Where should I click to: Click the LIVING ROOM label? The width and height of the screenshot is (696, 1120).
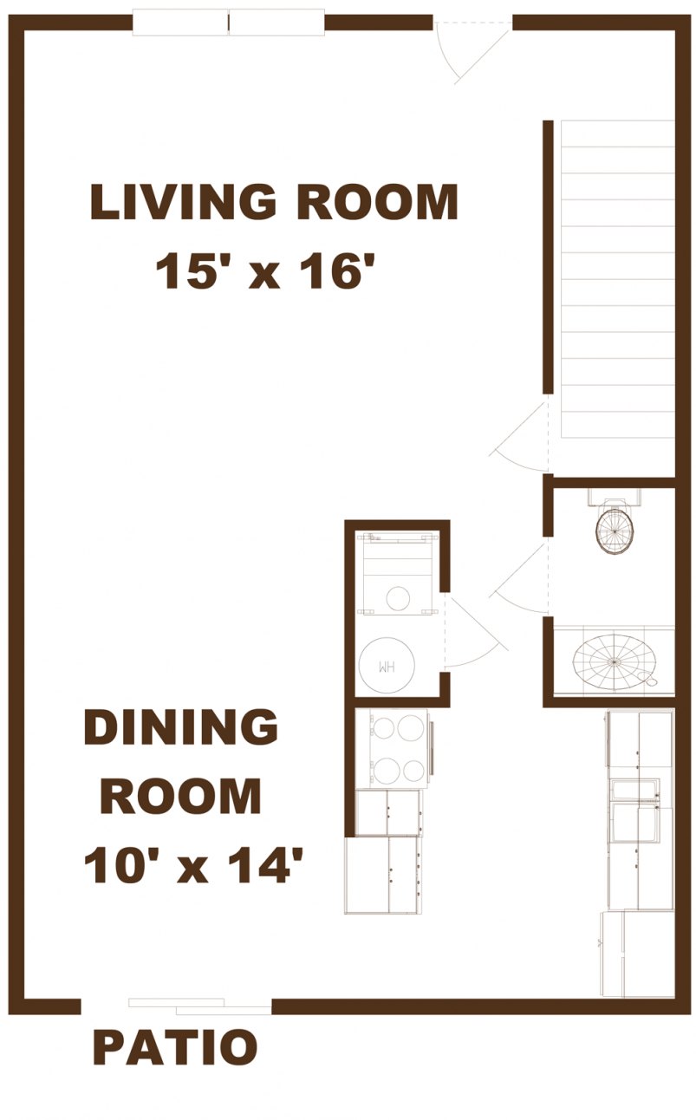point(273,202)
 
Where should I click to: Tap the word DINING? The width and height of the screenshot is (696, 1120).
point(180,727)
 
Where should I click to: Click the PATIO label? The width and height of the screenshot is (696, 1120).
point(175,1047)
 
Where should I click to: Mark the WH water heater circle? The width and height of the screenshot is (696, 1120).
point(386,666)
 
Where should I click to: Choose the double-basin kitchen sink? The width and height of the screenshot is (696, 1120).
point(636,811)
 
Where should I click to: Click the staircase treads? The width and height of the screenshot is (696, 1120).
point(617,277)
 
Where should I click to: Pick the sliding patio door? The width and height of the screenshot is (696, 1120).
point(199,1006)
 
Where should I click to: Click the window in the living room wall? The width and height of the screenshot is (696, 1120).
point(228,23)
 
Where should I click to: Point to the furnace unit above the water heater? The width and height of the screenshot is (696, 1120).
point(397,572)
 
